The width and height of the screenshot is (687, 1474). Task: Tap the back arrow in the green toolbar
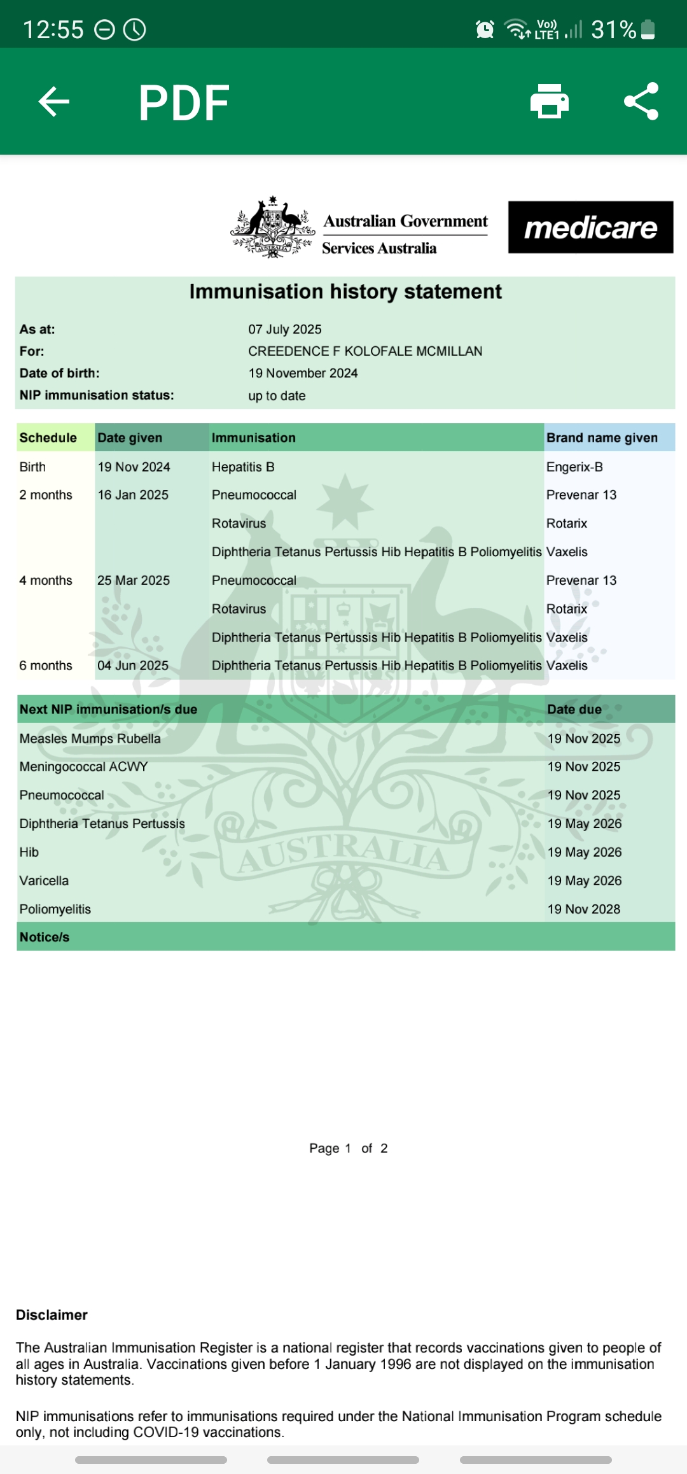[54, 102]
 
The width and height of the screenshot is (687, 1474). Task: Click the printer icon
[550, 102]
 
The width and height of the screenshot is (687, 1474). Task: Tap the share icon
[641, 102]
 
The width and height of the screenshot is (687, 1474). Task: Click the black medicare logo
[590, 228]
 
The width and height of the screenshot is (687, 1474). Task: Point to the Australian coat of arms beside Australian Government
[272, 227]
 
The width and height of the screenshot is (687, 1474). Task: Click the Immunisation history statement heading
[345, 291]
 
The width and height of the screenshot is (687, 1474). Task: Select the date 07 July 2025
[285, 330]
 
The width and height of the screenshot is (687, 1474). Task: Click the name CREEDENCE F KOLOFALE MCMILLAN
[365, 351]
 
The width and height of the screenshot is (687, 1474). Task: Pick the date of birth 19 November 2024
[303, 374]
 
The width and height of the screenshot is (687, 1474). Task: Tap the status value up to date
[277, 396]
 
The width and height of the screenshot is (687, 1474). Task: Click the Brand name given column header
[602, 438]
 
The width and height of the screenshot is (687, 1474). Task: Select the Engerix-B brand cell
[574, 467]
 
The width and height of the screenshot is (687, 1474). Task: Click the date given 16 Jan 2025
[133, 495]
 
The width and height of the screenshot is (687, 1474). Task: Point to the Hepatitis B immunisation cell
[243, 467]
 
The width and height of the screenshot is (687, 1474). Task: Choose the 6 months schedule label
[46, 666]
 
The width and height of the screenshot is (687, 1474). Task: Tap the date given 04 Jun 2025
[133, 666]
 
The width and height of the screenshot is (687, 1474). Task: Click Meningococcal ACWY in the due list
[83, 767]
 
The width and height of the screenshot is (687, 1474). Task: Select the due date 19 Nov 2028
[584, 909]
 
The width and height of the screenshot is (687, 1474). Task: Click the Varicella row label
[44, 881]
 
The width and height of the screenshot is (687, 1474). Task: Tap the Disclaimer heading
[52, 1315]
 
